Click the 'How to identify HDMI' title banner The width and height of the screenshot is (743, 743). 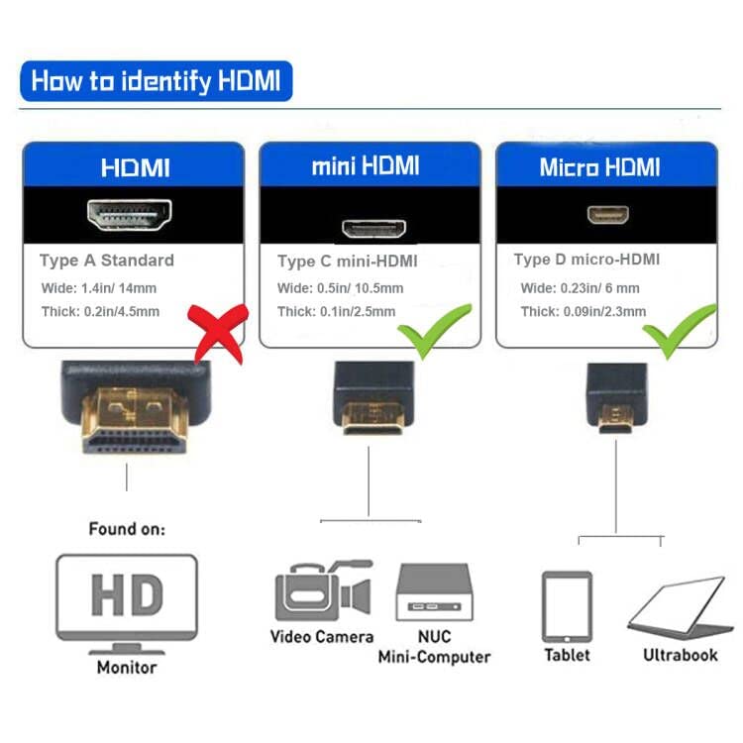tap(157, 80)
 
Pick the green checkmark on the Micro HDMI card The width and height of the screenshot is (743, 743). tap(682, 331)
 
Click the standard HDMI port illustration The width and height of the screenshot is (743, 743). tap(130, 214)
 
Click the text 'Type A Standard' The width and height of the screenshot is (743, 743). tap(106, 261)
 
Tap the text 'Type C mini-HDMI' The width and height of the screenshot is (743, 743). tap(347, 262)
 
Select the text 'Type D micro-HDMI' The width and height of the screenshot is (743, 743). tap(586, 260)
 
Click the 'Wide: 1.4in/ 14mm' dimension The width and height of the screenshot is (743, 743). tap(98, 288)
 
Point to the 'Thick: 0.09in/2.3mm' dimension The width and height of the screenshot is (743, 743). tap(584, 311)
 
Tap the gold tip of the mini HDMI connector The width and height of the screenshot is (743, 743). tap(369, 419)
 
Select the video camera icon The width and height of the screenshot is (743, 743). tap(322, 591)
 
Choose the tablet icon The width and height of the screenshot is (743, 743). tap(567, 605)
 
